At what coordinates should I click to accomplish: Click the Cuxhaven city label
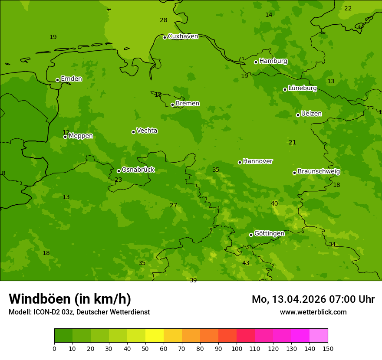(183, 36)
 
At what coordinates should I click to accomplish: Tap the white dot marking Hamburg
(256, 62)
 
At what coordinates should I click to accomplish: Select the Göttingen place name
(269, 234)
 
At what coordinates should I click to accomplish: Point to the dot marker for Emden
(57, 80)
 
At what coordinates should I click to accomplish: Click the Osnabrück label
(138, 170)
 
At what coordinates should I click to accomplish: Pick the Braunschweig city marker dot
(294, 173)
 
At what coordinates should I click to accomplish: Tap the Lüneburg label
(303, 88)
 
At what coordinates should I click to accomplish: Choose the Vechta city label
(147, 131)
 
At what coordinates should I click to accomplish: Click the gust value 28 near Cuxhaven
(163, 20)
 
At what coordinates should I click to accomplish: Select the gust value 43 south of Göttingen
(246, 263)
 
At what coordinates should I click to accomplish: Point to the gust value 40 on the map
(274, 204)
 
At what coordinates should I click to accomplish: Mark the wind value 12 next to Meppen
(66, 132)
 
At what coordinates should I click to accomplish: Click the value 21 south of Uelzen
(292, 143)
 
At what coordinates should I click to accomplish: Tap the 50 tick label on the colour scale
(145, 349)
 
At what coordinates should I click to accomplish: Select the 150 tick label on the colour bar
(328, 349)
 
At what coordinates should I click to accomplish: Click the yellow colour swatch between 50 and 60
(155, 336)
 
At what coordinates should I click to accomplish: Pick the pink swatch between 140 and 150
(319, 336)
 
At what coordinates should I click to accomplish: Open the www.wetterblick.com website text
(313, 312)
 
